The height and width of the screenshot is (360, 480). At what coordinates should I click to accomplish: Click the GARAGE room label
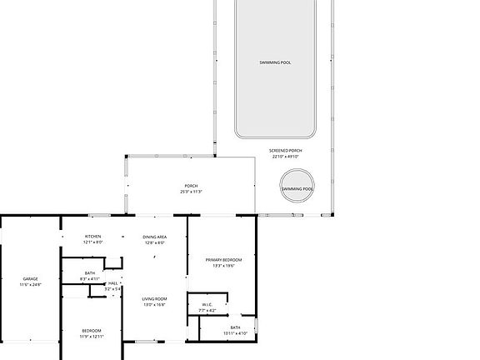tap(30, 279)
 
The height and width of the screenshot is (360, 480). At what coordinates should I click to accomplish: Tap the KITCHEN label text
tap(92, 237)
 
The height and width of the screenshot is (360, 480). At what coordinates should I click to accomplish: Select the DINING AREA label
tap(155, 237)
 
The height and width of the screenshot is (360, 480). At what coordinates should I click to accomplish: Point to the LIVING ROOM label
tap(154, 299)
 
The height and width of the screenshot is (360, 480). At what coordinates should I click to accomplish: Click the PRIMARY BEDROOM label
tap(224, 260)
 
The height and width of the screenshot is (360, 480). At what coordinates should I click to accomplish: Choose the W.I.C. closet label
tap(207, 305)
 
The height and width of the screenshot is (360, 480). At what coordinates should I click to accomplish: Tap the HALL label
tap(112, 283)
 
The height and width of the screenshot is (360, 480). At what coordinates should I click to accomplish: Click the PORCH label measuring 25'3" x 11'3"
tap(191, 186)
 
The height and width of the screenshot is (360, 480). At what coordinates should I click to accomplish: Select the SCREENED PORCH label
tap(286, 151)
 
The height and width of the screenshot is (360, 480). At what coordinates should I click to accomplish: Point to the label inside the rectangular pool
tap(274, 62)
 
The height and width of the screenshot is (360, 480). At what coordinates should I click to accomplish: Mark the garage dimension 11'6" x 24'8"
tap(30, 285)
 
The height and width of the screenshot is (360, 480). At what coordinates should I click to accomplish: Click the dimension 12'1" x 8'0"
tap(92, 242)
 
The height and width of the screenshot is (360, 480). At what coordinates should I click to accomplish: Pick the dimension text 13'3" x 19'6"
tap(224, 266)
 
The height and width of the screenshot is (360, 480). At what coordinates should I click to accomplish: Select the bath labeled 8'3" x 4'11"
tap(89, 277)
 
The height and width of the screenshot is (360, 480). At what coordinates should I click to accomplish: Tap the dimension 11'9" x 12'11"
tap(92, 337)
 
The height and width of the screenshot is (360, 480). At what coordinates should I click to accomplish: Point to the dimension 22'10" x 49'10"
tap(286, 157)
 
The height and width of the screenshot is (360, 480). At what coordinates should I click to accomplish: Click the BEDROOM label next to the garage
tap(92, 331)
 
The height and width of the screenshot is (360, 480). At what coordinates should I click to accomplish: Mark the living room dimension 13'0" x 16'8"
tap(154, 305)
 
